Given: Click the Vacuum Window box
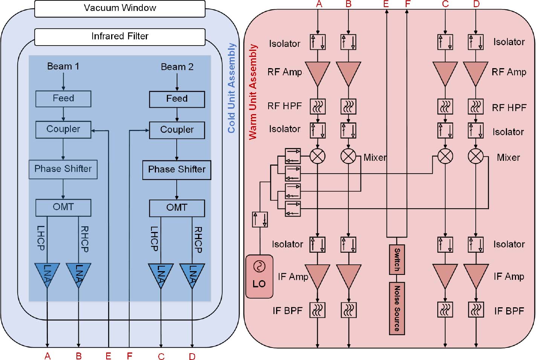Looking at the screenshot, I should [120, 8].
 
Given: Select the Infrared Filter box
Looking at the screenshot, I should [120, 37].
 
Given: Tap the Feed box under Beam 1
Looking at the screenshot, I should [63, 99].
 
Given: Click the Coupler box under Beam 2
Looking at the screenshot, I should [177, 130].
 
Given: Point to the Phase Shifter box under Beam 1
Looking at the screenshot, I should [63, 169].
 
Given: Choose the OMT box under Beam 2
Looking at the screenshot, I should [177, 208].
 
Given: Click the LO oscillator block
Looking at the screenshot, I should [259, 276].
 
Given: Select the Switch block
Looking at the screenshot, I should [397, 259].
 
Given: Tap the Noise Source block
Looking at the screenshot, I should [397, 308].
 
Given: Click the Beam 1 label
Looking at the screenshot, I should [63, 67].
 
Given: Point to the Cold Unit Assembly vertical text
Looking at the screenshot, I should [231, 88].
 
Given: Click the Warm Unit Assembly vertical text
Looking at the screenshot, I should [253, 92].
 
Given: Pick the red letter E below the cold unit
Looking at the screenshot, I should [108, 356].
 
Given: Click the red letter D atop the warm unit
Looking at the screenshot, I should [476, 4].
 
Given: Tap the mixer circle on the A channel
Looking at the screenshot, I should [318, 156].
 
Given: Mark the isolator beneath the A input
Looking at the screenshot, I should [318, 42].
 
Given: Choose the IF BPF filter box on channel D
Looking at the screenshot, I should [476, 310].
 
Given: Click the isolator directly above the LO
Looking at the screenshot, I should [260, 220].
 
